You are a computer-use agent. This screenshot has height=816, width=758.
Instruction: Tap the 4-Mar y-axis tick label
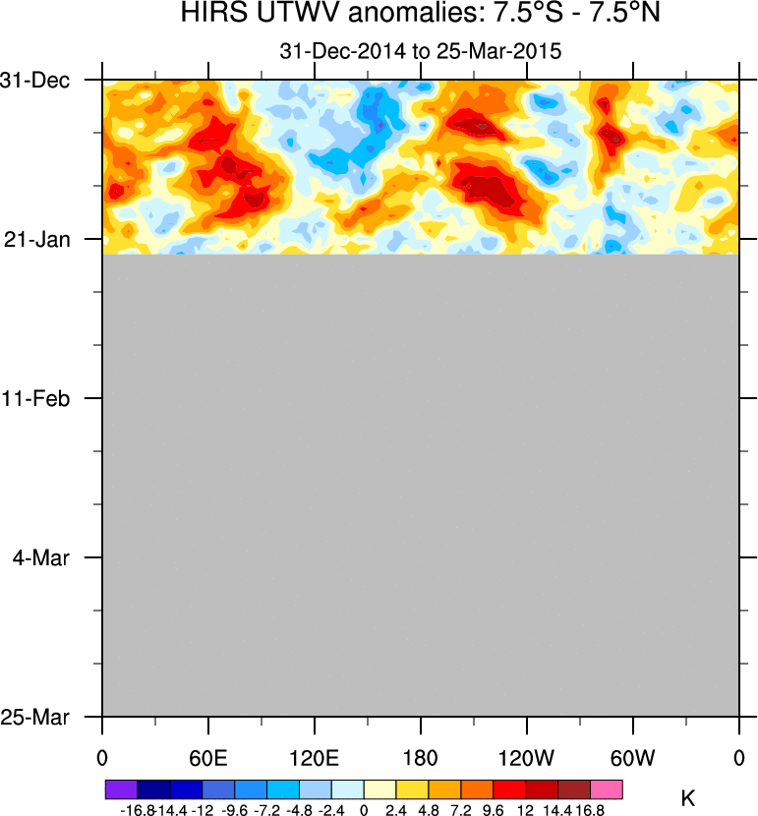(x=57, y=557)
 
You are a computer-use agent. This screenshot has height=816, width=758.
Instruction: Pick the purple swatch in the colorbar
(x=121, y=789)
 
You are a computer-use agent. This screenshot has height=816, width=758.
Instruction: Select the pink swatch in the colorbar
(x=608, y=789)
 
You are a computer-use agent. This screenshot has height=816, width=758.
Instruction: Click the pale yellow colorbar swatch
(x=380, y=789)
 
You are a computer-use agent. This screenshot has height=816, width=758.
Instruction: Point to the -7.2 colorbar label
(x=266, y=809)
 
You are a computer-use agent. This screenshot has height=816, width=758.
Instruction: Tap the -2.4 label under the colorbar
(x=331, y=809)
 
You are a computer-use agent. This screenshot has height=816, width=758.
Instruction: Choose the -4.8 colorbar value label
(x=299, y=809)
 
